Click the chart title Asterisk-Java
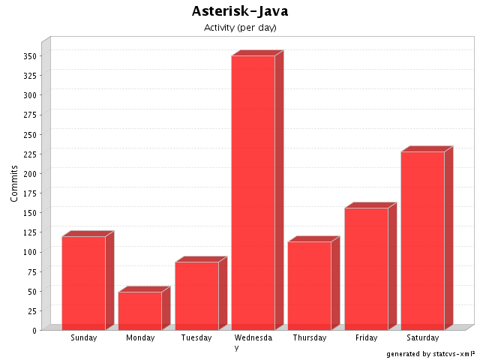pos(240,11)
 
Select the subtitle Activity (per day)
pos(240,28)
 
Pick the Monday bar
pos(139,310)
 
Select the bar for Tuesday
pos(196,295)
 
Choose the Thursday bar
pos(309,286)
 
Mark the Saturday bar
pos(422,241)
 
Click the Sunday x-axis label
pos(83,338)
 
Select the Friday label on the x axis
pos(366,338)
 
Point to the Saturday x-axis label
pos(422,338)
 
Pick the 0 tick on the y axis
pos(34,330)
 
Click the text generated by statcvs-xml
pos(430,353)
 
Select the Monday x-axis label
pos(140,338)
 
